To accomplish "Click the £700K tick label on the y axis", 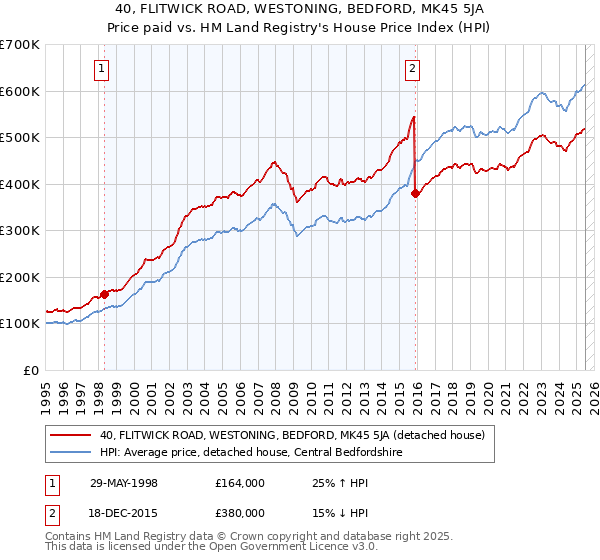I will (x=20, y=45).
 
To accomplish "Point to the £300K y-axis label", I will (x=20, y=230).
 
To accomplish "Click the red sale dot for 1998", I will (x=104, y=294).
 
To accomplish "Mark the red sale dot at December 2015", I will (x=416, y=194).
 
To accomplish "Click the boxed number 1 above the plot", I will (x=103, y=69).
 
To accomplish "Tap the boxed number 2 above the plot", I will (x=412, y=69).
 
